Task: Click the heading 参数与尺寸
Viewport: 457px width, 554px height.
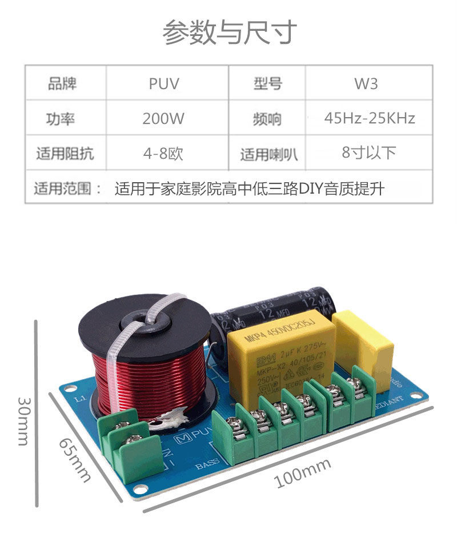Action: [x=229, y=32]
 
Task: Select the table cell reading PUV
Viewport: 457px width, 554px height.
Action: [x=164, y=85]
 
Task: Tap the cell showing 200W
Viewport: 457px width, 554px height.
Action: [x=164, y=119]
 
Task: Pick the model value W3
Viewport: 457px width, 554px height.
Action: [x=366, y=85]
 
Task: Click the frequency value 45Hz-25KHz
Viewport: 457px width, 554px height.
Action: [x=369, y=119]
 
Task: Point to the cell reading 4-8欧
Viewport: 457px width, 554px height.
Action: [x=164, y=153]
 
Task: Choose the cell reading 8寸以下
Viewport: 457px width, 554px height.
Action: [x=369, y=152]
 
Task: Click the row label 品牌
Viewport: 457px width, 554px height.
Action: [x=63, y=85]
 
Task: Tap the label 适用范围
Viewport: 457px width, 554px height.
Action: [x=66, y=188]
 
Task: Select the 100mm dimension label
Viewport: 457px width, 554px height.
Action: [x=303, y=473]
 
